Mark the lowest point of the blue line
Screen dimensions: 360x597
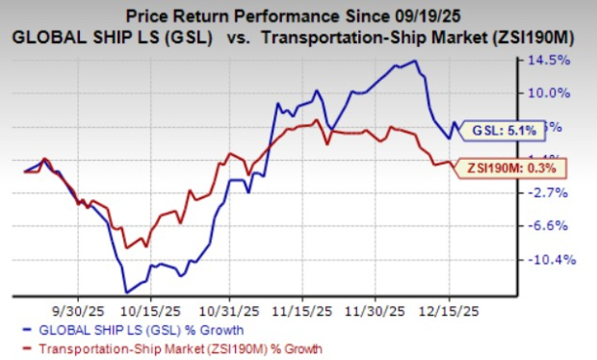click(125, 292)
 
